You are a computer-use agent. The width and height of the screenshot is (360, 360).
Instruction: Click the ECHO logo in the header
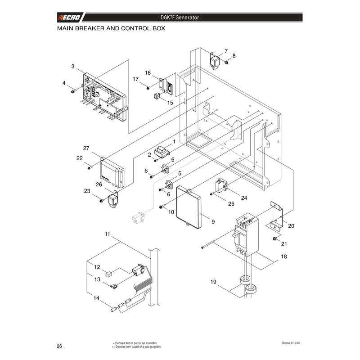[69, 18]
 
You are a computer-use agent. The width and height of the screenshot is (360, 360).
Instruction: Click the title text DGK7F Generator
[180, 18]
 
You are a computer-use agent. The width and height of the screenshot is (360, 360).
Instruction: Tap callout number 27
[86, 148]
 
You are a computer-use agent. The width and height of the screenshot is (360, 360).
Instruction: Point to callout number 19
[213, 282]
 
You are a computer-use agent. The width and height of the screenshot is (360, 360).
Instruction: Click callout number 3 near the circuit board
[73, 66]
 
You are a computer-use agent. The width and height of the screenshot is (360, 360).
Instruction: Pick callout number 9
[213, 221]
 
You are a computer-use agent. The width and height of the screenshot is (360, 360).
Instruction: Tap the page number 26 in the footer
[59, 346]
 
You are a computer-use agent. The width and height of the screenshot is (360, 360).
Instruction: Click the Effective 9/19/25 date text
[291, 343]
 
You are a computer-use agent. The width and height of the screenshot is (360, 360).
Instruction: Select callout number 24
[244, 198]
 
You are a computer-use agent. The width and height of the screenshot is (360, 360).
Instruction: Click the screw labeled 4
[73, 92]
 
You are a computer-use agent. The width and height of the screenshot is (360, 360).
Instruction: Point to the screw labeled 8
[226, 62]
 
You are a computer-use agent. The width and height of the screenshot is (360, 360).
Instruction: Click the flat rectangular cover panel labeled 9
[189, 207]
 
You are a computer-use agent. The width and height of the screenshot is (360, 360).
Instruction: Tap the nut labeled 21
[274, 239]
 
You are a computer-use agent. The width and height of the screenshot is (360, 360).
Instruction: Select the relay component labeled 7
[215, 61]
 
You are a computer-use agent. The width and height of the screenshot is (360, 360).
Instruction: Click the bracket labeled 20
[277, 216]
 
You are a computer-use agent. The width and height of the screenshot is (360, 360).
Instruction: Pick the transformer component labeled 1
[162, 152]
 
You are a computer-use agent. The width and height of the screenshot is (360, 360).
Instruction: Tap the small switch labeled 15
[157, 96]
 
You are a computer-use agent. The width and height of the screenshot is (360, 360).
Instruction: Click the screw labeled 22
[90, 168]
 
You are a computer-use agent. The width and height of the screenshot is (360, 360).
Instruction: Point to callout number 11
[108, 234]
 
